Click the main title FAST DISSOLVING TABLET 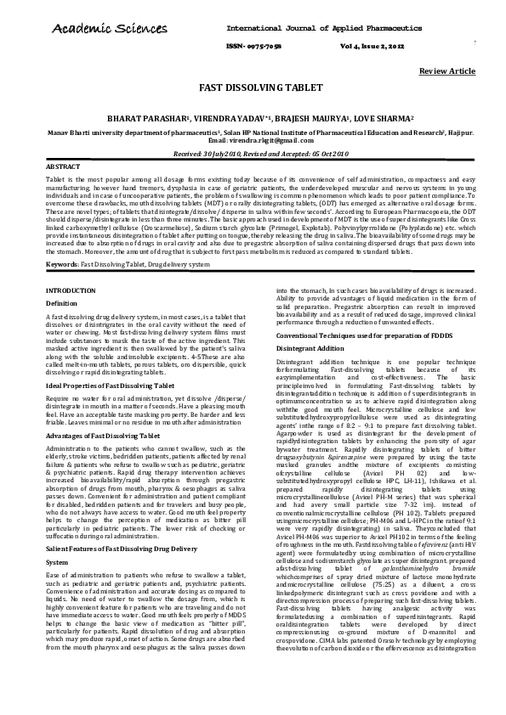pos(253,87)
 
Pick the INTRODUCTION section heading pos(71,290)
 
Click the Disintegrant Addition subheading pos(310,349)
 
